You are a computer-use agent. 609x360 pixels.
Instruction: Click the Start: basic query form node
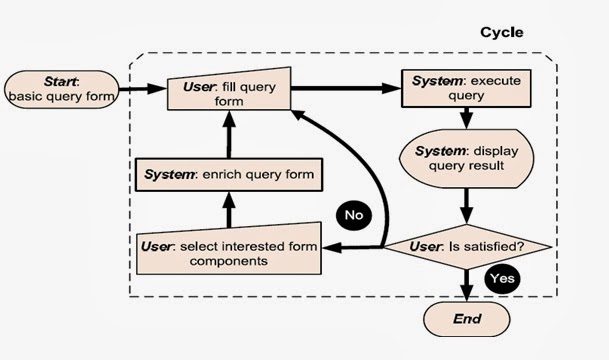pos(62,87)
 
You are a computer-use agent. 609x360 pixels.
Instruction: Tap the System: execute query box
pos(461,87)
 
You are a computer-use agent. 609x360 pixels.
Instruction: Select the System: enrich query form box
pos(229,175)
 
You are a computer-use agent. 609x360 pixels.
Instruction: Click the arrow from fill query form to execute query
pos(345,88)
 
